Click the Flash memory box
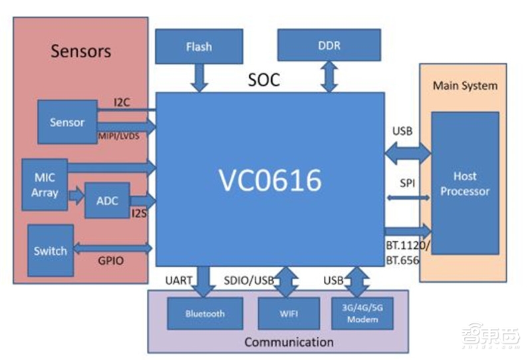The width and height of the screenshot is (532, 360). pos(199,47)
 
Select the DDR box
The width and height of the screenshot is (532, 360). pos(329,45)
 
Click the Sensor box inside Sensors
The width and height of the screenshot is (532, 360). pos(67,122)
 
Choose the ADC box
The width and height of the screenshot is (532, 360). pos(107,200)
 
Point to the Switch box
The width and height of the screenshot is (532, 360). pos(51,251)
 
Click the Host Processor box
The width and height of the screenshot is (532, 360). pos(465,184)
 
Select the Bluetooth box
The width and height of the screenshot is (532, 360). pos(205,313)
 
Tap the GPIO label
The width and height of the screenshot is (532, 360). pos(110,262)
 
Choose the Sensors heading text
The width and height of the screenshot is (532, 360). pos(80,51)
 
